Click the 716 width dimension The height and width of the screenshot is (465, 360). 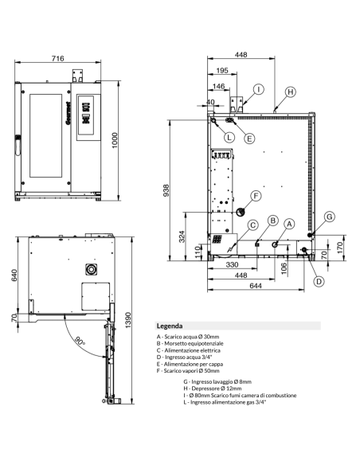pyautogui.click(x=59, y=59)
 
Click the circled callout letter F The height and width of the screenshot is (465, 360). pyautogui.click(x=256, y=196)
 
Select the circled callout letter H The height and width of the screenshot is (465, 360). pyautogui.click(x=291, y=92)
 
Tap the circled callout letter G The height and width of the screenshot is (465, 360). pyautogui.click(x=330, y=216)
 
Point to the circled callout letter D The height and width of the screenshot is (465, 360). pyautogui.click(x=317, y=281)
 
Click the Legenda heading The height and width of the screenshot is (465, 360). pyautogui.click(x=169, y=326)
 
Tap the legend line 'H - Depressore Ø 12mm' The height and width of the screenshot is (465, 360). pyautogui.click(x=213, y=389)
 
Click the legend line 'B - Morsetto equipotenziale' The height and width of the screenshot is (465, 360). pyautogui.click(x=191, y=344)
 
